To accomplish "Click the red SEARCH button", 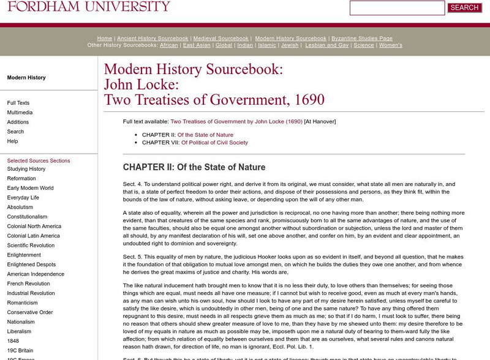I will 464,8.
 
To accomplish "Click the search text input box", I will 397,8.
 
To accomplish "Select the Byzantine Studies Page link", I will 361,38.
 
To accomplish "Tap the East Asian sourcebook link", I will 197,45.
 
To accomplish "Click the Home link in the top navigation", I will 105,38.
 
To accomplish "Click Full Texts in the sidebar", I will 18,103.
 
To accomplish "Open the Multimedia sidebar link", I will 20,113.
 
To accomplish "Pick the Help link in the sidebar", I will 12,141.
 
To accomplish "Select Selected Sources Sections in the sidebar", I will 39,160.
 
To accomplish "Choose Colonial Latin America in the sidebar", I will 34,236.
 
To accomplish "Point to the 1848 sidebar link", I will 13,340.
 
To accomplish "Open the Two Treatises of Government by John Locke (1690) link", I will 236,121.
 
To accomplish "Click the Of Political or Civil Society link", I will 214,143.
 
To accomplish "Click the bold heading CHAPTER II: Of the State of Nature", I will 194,167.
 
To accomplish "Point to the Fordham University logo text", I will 89,7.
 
